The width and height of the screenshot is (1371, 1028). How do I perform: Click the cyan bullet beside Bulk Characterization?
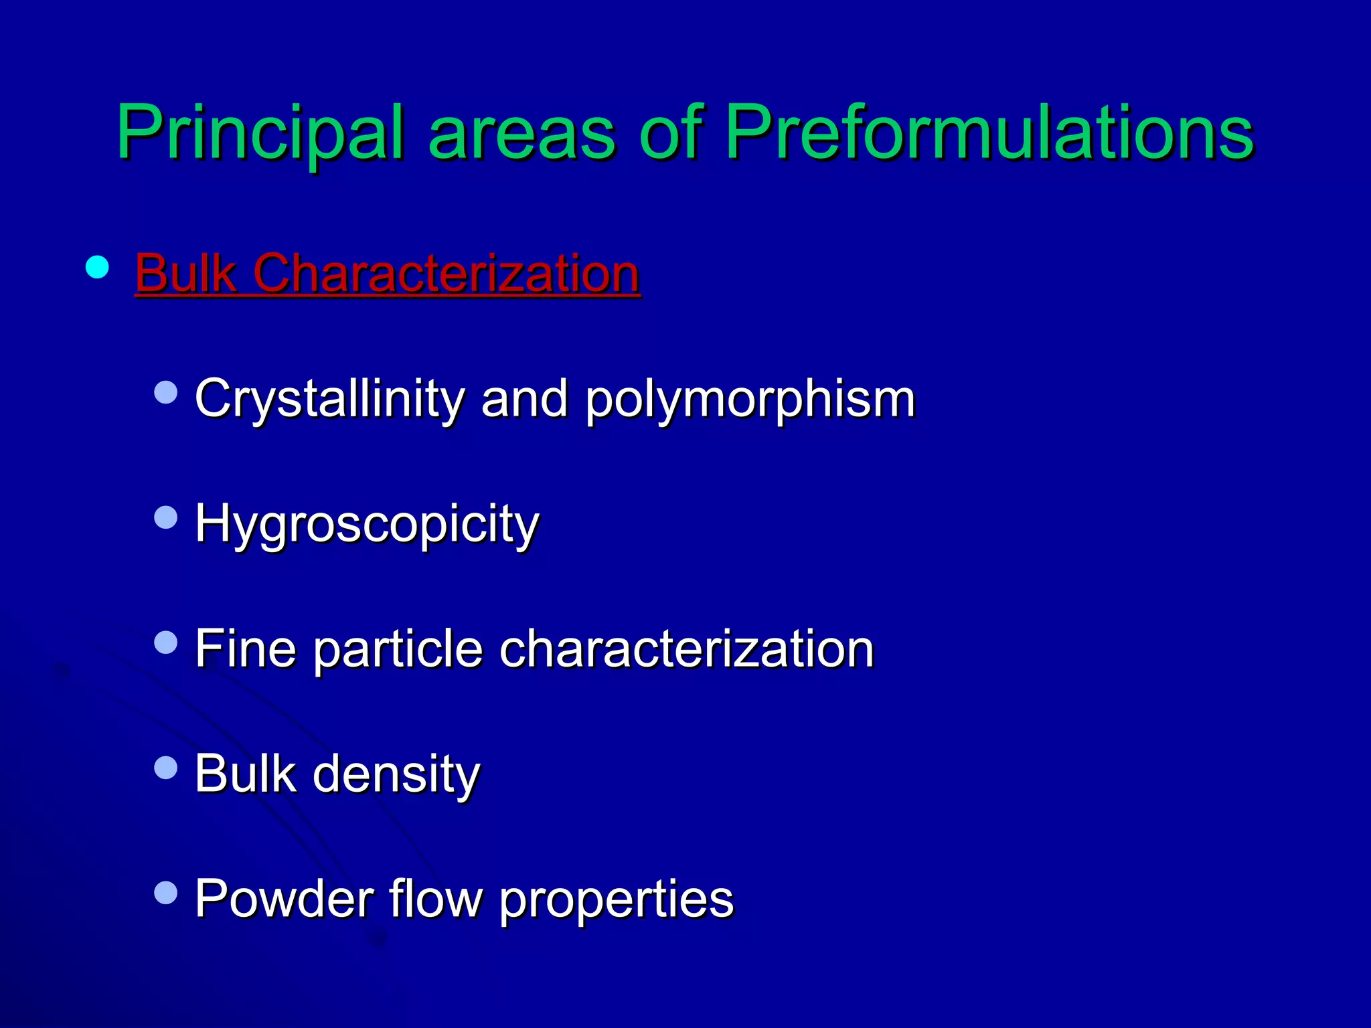point(98,268)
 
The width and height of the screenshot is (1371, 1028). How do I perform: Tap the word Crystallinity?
point(329,399)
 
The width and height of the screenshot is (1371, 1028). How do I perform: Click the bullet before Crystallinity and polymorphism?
point(165,392)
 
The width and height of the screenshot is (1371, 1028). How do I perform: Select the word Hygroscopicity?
point(367,524)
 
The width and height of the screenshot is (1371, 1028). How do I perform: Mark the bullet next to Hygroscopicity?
point(165,517)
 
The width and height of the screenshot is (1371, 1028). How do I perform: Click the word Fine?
point(245,648)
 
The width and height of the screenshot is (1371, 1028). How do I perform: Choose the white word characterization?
point(687,648)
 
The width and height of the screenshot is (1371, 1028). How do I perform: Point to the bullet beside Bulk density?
point(165,767)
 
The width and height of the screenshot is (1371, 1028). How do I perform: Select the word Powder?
point(284,898)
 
